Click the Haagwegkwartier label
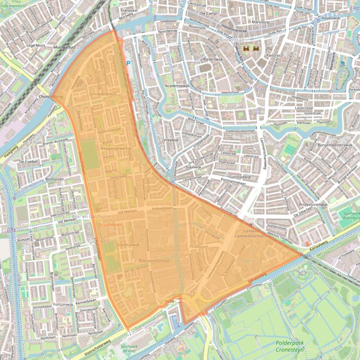(117, 148)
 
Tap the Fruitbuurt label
(199, 246)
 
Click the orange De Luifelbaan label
(110, 225)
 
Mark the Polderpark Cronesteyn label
(287, 346)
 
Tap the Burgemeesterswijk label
(335, 145)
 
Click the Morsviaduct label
(65, 47)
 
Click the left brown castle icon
(246, 48)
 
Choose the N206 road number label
(169, 301)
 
